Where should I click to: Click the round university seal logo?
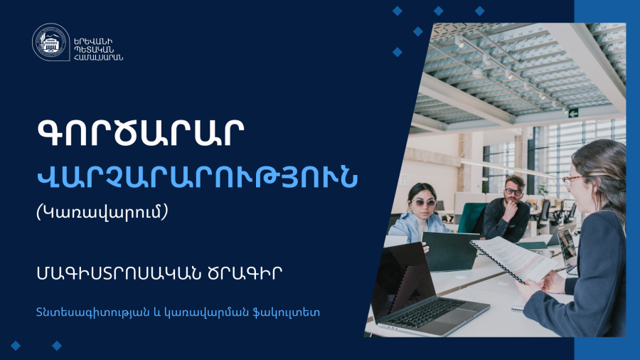[50, 42]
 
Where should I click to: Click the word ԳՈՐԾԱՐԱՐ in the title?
[140, 133]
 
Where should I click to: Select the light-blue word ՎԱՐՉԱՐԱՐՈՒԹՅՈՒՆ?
[197, 177]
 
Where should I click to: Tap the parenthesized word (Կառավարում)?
[102, 212]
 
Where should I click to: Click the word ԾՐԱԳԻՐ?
[245, 273]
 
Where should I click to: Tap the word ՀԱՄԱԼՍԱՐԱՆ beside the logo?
[98, 57]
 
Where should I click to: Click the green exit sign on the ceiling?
[573, 113]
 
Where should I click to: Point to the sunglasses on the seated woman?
[423, 202]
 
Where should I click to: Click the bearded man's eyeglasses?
[513, 191]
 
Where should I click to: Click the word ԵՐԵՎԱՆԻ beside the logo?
[93, 41]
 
